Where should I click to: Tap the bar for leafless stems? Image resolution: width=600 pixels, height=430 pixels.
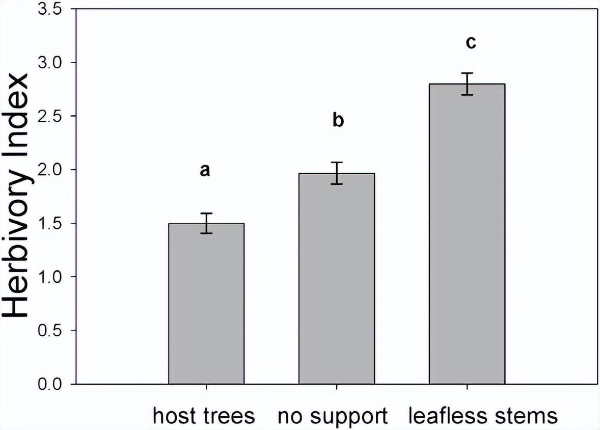467,234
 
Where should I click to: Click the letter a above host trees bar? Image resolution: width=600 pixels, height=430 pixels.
205,171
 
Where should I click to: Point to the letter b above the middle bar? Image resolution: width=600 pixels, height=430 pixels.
338,121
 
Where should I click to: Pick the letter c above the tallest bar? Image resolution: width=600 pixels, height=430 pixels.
471,43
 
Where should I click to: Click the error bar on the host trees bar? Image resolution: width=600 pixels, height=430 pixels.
206,223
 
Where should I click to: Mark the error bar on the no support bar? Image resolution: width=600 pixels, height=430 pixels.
337,173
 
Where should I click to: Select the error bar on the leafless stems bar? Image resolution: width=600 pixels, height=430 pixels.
467,84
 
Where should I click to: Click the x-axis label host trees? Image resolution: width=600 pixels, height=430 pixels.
204,416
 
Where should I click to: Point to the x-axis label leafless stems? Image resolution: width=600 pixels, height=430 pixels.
483,416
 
